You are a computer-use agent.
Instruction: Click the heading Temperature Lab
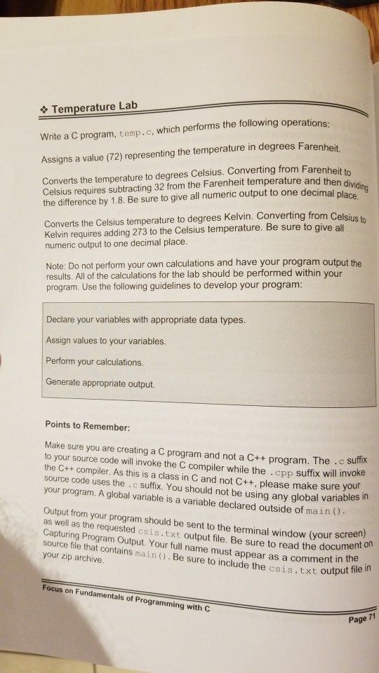pos(95,108)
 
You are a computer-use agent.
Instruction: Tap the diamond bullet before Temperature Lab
pos(44,110)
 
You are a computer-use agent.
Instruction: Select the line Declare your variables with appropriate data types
pos(145,320)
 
